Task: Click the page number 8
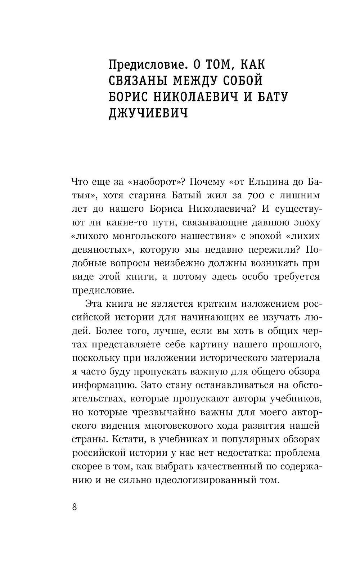point(75,507)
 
